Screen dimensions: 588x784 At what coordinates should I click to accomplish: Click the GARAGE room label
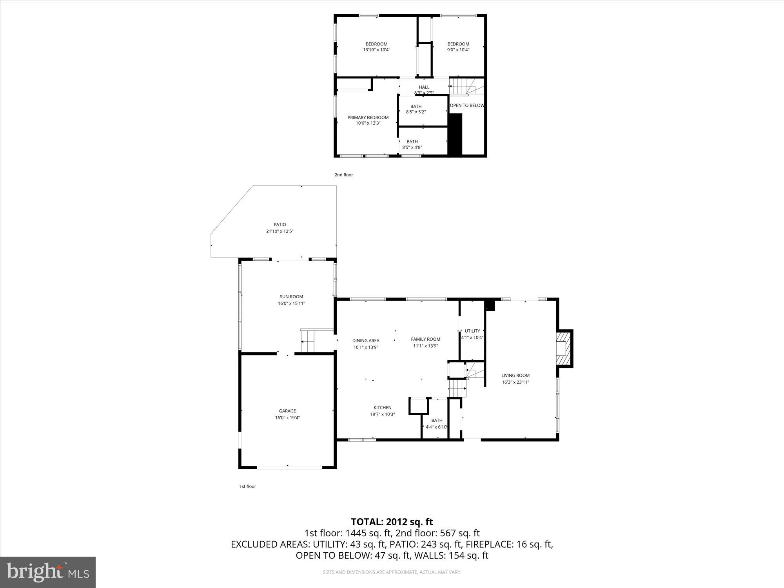point(287,411)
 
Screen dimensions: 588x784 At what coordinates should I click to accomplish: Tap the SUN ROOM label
point(291,297)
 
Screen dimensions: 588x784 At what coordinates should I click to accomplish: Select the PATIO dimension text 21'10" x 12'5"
point(279,231)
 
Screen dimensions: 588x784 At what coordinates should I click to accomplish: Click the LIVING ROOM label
point(515,375)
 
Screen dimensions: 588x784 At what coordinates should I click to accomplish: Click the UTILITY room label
point(472,331)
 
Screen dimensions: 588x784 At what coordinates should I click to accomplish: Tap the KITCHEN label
point(382,408)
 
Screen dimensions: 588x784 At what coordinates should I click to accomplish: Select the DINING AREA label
point(365,341)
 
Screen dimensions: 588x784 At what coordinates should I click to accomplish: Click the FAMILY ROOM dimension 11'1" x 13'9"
point(425,346)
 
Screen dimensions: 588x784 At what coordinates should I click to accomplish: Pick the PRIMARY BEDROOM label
point(368,117)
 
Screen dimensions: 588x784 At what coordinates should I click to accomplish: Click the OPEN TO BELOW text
point(466,105)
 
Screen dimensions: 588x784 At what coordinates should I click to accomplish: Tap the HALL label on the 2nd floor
point(424,87)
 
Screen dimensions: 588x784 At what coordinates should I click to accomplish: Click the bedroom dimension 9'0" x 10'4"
point(458,50)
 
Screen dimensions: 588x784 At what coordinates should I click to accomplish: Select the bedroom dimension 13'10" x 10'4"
point(376,50)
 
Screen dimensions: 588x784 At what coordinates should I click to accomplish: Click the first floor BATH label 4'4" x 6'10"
point(437,421)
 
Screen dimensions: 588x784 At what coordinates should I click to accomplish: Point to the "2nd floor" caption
point(343,175)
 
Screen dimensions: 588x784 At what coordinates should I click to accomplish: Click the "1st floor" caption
point(247,486)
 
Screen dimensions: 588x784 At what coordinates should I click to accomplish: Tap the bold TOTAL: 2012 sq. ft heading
point(392,522)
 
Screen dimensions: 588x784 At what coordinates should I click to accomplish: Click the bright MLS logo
point(48,572)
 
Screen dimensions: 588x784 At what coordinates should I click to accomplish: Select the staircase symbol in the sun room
point(308,341)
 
